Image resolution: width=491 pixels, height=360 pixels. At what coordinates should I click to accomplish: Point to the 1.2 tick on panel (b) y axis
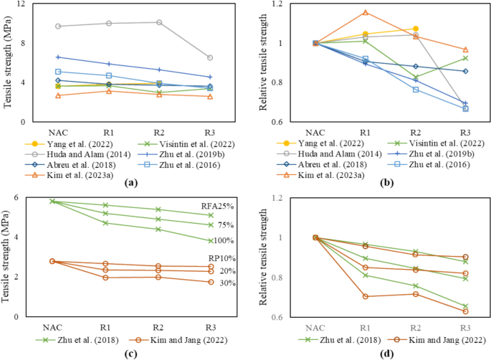click(x=275, y=4)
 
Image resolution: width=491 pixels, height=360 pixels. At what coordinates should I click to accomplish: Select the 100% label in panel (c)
click(x=222, y=240)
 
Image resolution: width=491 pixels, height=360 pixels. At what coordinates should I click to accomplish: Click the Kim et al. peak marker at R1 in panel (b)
click(x=366, y=12)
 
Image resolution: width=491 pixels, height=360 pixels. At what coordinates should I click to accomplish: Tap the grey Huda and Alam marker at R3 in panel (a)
click(x=209, y=58)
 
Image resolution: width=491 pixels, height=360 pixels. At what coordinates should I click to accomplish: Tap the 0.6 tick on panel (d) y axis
click(x=275, y=317)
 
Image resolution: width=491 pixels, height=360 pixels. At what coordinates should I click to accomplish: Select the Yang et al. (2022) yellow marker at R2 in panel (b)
click(x=415, y=29)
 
